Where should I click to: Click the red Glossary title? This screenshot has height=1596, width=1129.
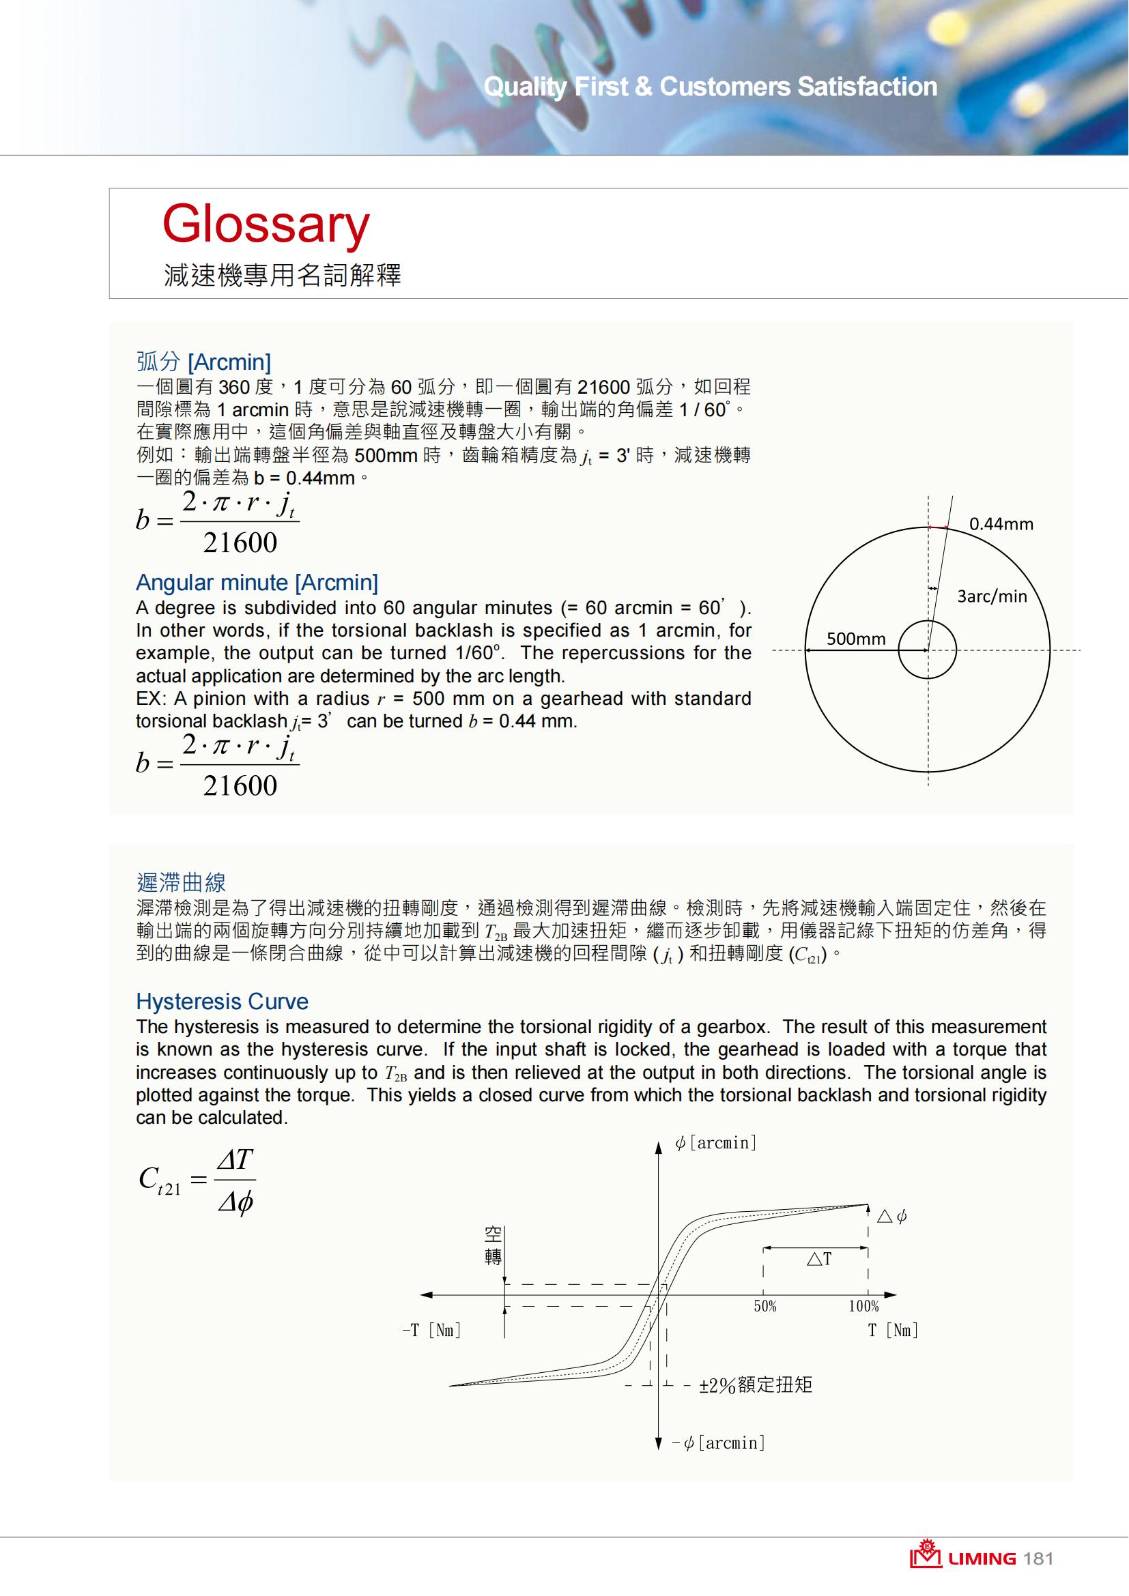(266, 224)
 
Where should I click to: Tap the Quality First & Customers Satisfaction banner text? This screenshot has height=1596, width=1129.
(710, 87)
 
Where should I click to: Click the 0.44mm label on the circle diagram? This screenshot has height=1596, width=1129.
(1001, 524)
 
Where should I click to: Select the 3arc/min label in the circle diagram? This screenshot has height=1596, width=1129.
(991, 596)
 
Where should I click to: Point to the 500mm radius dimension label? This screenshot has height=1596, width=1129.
(856, 639)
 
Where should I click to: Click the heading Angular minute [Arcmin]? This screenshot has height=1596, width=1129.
(257, 583)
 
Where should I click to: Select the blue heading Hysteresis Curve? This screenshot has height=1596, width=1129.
(222, 1002)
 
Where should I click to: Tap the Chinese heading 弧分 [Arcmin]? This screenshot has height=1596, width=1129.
(203, 362)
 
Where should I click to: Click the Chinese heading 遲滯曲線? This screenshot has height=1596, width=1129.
(181, 882)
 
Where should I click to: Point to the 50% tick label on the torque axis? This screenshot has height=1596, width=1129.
(764, 1306)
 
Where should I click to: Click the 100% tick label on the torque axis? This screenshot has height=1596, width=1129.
(863, 1306)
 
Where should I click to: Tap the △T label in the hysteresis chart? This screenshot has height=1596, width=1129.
(819, 1259)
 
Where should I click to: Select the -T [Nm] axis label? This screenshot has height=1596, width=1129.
(431, 1331)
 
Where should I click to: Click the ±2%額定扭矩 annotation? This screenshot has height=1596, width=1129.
(755, 1385)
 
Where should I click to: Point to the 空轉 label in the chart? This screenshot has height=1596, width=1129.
(493, 1245)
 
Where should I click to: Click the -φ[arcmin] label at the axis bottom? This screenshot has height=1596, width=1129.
(719, 1443)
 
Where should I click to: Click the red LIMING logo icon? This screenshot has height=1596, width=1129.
(926, 1556)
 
